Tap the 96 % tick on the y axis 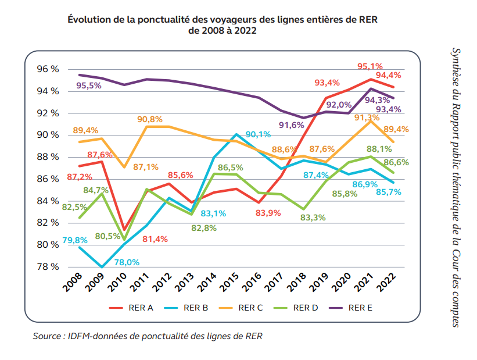47,69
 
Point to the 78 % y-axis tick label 47,267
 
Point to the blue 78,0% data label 126,262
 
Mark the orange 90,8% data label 150,119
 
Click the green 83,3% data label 328,218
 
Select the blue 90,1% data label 258,135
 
